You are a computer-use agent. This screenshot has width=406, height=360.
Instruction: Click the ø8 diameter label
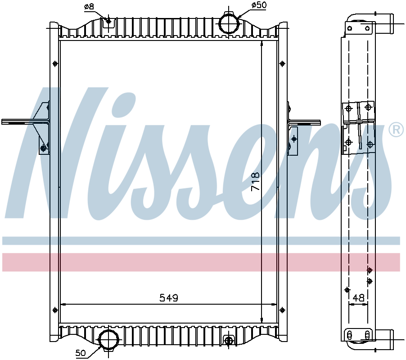(x=89, y=7)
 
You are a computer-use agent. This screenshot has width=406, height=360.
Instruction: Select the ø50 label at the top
(x=259, y=5)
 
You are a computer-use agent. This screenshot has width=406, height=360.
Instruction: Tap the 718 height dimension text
(x=255, y=181)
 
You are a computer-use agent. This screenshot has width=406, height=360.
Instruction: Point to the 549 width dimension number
(x=169, y=298)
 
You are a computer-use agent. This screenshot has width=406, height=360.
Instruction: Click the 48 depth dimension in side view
(x=359, y=298)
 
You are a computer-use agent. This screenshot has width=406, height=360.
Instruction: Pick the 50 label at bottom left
(x=81, y=353)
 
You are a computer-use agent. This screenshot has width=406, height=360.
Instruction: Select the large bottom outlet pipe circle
(x=109, y=340)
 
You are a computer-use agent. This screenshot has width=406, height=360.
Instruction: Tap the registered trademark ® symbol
(x=396, y=130)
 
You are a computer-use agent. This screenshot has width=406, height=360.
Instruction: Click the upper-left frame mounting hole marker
(x=55, y=63)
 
